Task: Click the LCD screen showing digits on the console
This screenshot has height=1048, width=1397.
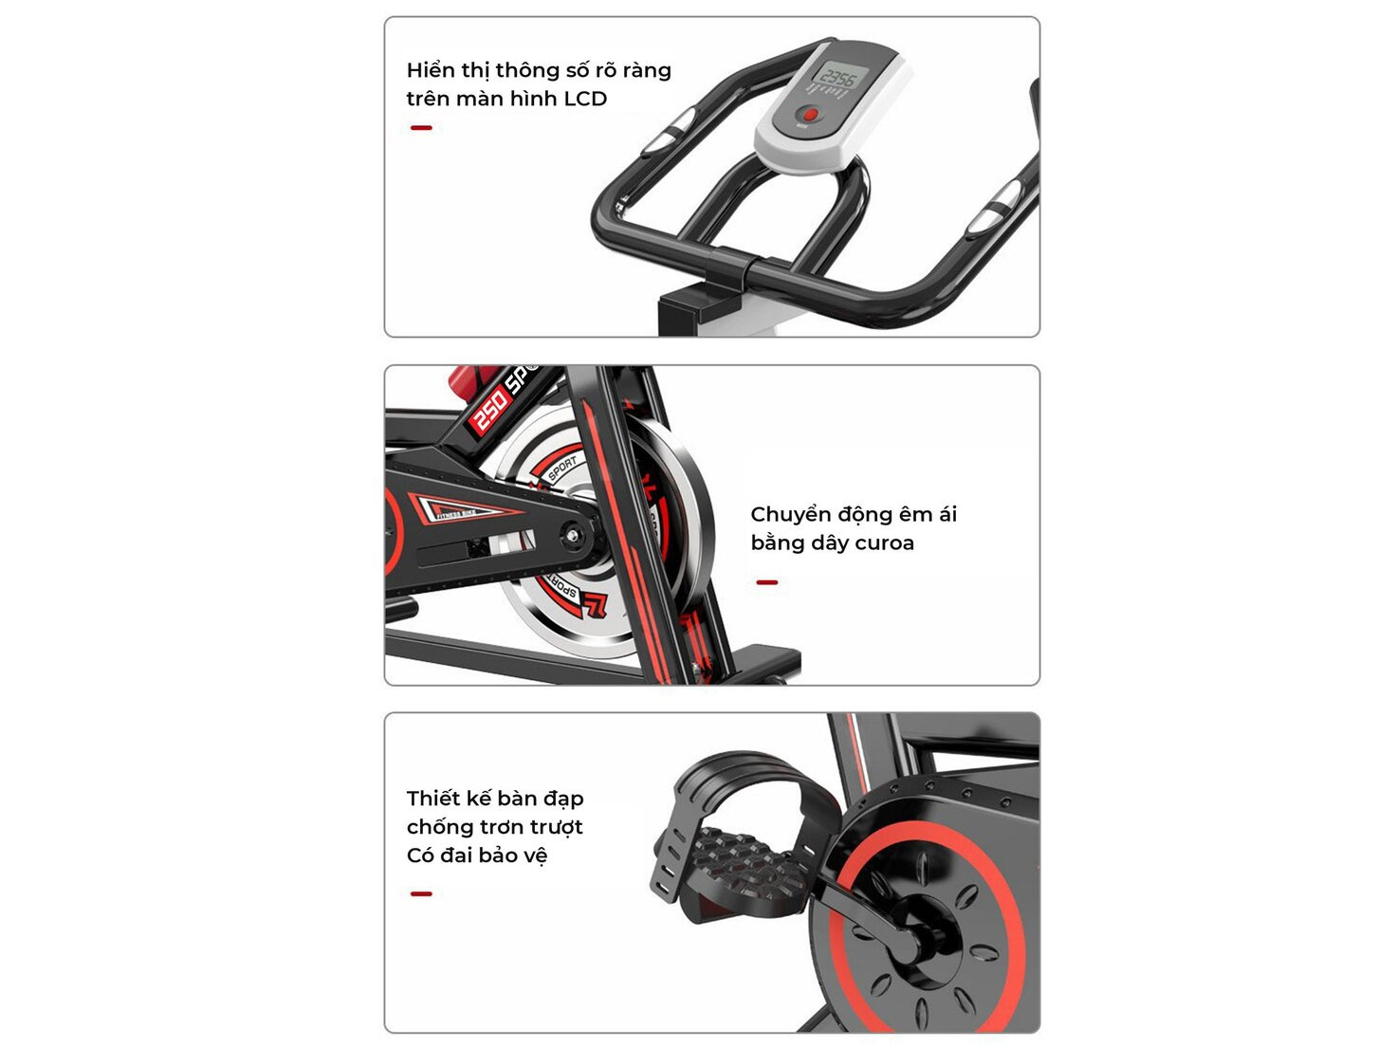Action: (x=838, y=75)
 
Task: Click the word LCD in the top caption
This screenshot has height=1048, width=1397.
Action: (x=585, y=99)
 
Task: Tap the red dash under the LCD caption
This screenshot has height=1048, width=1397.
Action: (x=421, y=127)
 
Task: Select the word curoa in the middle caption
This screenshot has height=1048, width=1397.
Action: (x=884, y=543)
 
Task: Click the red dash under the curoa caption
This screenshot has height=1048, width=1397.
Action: (x=766, y=582)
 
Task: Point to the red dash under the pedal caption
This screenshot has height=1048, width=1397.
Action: (x=421, y=893)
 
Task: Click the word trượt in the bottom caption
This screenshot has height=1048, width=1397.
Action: (x=557, y=827)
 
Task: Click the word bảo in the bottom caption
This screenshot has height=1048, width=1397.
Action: (x=497, y=855)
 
